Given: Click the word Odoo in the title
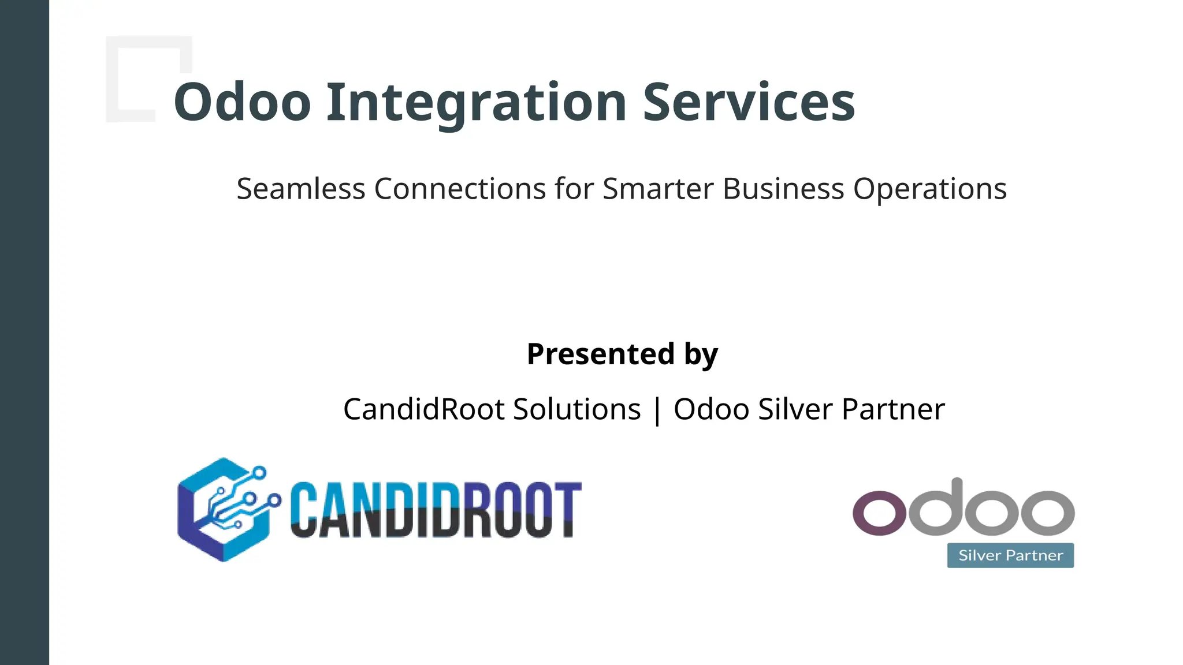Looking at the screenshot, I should (x=243, y=102).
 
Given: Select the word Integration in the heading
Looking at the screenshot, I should (x=477, y=102).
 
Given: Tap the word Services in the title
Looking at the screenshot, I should (x=749, y=102).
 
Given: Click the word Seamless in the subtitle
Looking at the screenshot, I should (x=301, y=189).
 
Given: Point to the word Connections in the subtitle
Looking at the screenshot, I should (x=460, y=189).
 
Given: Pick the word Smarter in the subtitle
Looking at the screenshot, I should (x=658, y=189).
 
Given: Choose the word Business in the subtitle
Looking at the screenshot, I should (x=783, y=189).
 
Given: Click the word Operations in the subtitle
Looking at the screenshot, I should (x=930, y=189).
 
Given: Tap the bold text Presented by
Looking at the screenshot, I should (x=622, y=354).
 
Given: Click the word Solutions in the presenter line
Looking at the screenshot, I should (x=576, y=409).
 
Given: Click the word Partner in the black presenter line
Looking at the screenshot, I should (x=893, y=409).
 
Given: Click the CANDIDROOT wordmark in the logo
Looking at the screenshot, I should (x=436, y=510).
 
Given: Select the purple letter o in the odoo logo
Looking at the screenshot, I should (x=879, y=512).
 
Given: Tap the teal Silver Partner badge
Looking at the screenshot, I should (x=1010, y=555).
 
